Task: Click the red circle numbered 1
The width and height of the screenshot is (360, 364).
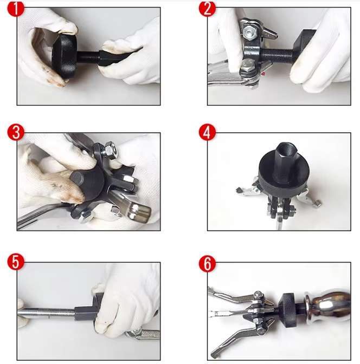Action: pyautogui.click(x=16, y=8)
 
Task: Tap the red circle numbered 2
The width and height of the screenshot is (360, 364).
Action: pyautogui.click(x=207, y=8)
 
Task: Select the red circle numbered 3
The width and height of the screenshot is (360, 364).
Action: pyautogui.click(x=16, y=132)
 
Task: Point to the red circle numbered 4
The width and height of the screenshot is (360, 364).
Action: pyautogui.click(x=207, y=132)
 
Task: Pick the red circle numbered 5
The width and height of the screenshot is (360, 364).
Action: pyautogui.click(x=16, y=262)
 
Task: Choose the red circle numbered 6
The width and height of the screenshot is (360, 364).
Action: pyautogui.click(x=207, y=264)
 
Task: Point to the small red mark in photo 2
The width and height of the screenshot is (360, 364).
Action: pyautogui.click(x=263, y=74)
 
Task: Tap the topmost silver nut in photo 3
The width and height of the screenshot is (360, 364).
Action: pyautogui.click(x=111, y=151)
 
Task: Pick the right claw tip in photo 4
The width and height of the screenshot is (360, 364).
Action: pyautogui.click(x=317, y=203)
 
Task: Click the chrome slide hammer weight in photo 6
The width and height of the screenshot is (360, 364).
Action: pyautogui.click(x=328, y=305)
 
